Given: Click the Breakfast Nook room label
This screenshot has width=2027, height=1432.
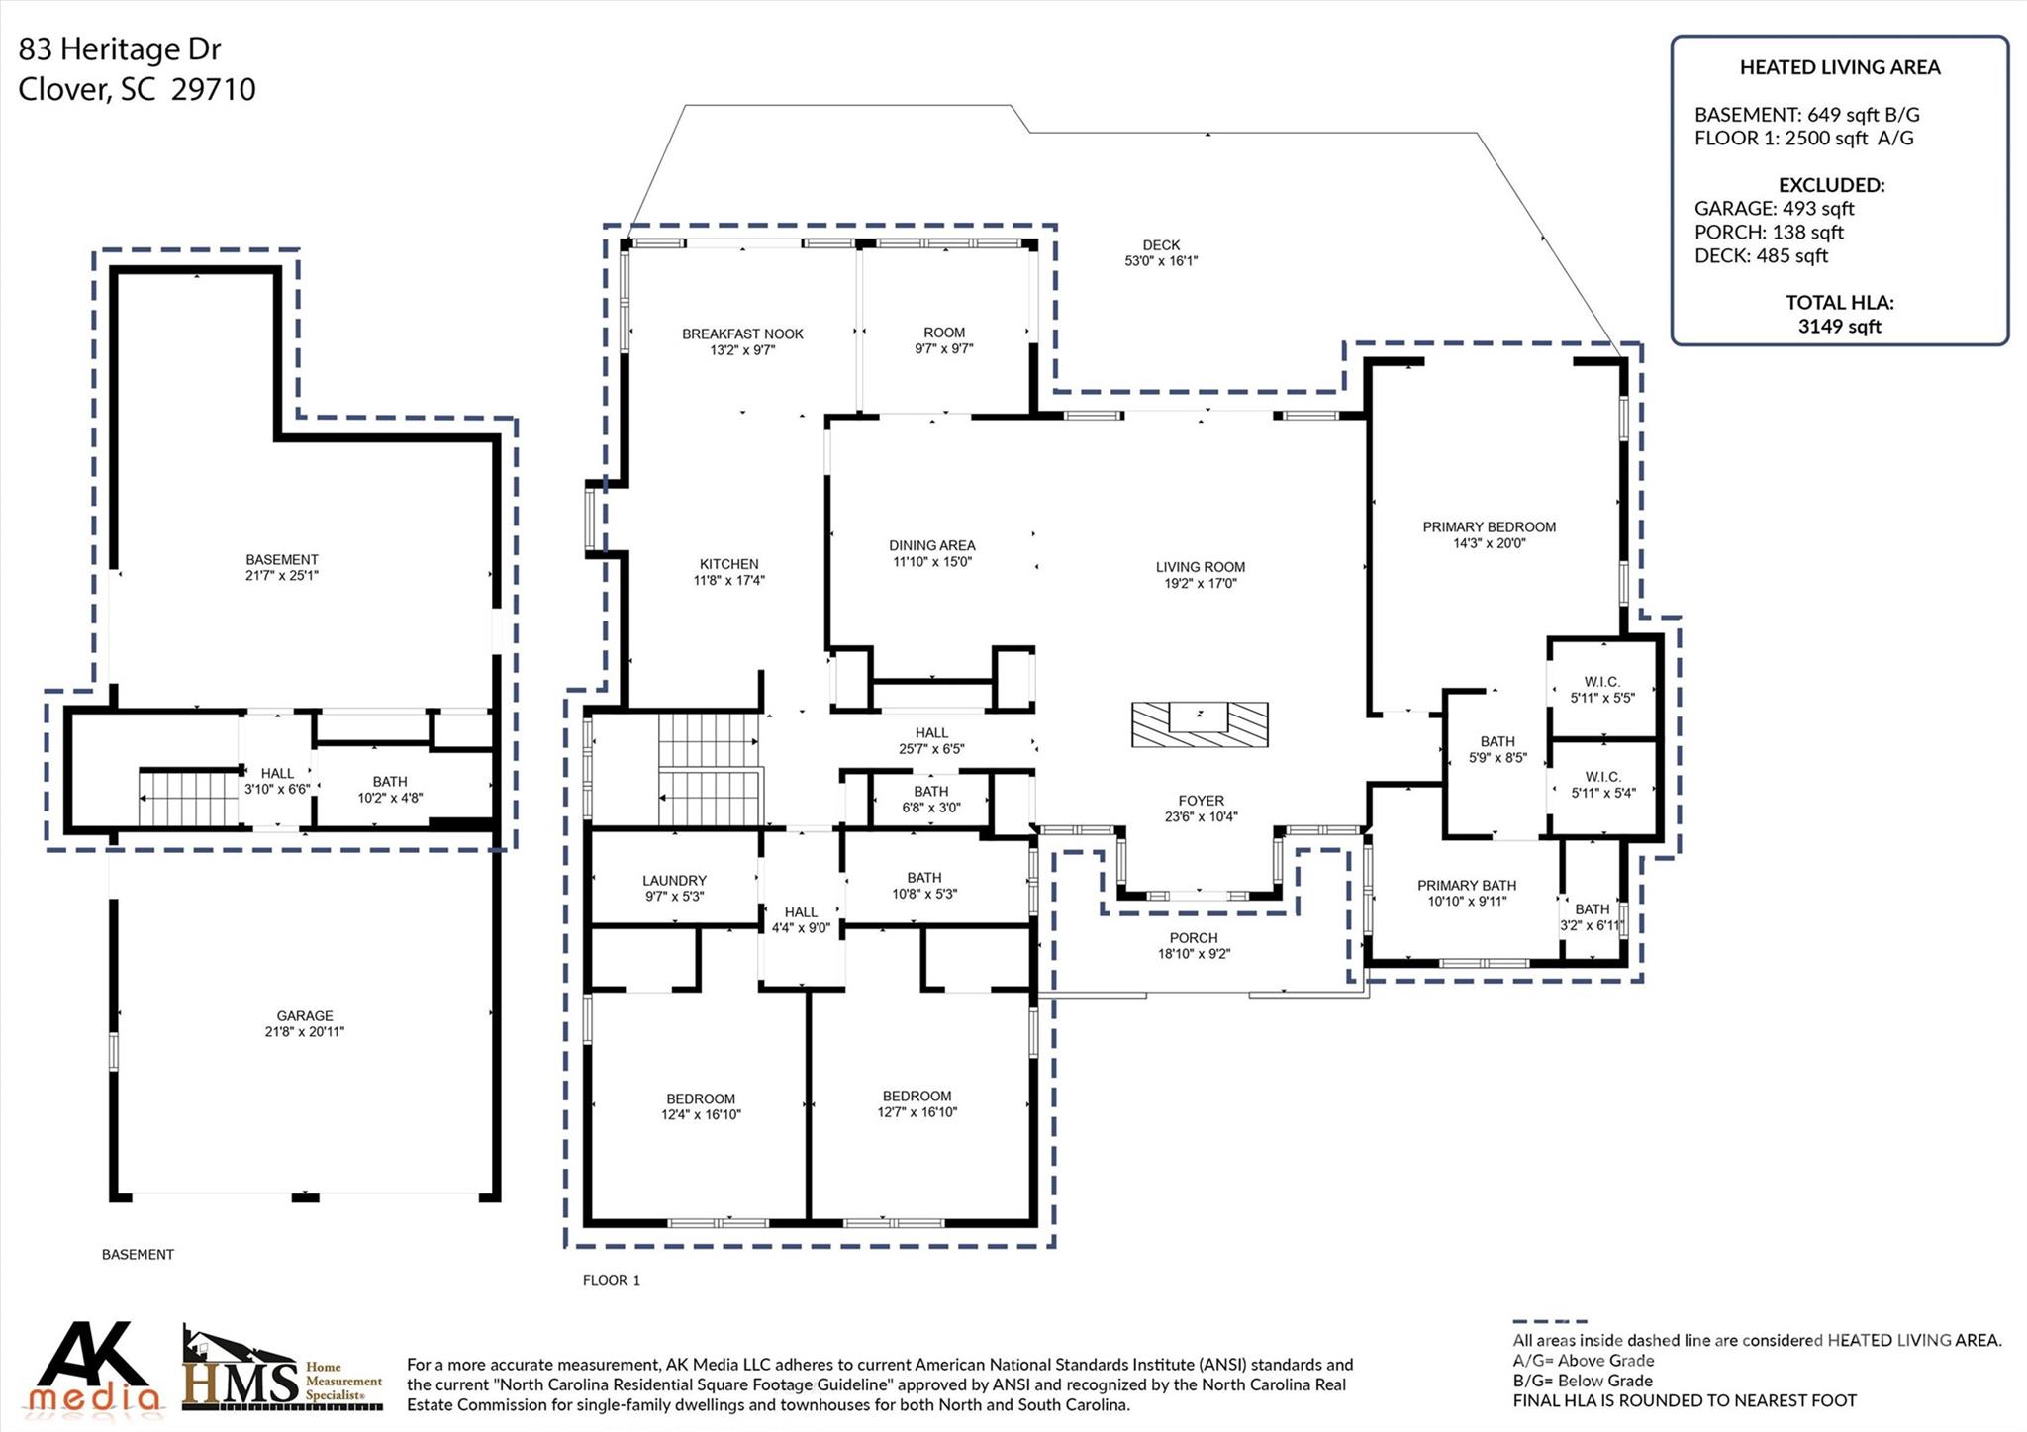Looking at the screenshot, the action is pos(742,334).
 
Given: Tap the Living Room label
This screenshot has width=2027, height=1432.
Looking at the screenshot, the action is pos(1200,567).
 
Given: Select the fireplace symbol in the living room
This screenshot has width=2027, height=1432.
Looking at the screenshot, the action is pos(1200,724).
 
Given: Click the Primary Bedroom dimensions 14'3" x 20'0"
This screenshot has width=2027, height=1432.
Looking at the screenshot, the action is pos(1489,543).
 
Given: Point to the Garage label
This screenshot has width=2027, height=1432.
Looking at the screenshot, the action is pos(305,1015).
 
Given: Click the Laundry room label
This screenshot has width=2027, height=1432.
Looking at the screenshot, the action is pos(674,881).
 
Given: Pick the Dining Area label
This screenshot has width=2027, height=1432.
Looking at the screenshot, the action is pos(931,545).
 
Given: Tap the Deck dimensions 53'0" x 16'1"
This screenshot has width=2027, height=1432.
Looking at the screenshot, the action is pos(1161,261).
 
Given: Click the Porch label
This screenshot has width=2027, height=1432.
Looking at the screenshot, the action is pos(1193,938).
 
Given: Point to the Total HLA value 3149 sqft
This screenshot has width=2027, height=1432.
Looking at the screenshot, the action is pos(1839,327).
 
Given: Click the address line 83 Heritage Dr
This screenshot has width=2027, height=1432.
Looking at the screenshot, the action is pos(120,49).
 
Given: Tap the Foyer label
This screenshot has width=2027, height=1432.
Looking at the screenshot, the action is pos(1201,801).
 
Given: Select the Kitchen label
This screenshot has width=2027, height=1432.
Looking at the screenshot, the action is pos(728,564).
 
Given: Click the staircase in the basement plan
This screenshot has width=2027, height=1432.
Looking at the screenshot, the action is pos(188,797).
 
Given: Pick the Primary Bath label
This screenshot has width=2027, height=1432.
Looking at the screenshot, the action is pos(1466,886).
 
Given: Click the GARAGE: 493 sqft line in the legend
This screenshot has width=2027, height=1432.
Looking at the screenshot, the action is pos(1774,209).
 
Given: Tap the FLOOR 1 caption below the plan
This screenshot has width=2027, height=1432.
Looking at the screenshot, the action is pos(611,1280).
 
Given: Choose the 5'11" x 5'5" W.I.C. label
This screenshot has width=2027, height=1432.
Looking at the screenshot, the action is pos(1602,698).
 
